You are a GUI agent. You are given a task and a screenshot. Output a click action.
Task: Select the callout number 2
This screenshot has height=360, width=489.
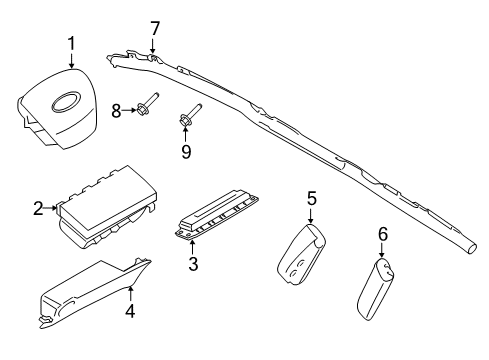tap(38, 209)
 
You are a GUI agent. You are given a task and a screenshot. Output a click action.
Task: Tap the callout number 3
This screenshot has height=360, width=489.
tap(193, 264)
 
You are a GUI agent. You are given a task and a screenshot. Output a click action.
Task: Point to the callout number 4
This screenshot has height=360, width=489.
tap(129, 310)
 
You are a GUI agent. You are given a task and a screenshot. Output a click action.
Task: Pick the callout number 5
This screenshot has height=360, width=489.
tap(311, 199)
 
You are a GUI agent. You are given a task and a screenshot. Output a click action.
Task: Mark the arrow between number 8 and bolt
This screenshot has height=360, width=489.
tap(131, 109)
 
